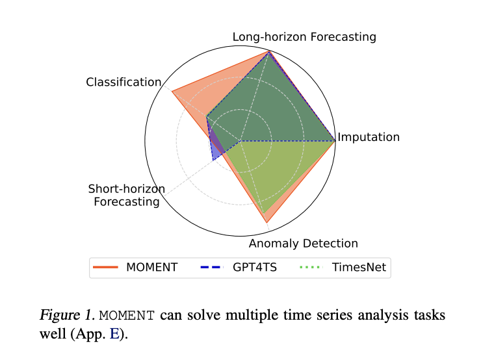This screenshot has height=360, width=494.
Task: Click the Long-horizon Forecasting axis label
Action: tap(304, 37)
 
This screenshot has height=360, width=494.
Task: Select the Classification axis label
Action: tap(123, 83)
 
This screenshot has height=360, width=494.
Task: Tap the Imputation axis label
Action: tap(369, 137)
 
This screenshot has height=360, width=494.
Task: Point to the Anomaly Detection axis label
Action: tap(304, 244)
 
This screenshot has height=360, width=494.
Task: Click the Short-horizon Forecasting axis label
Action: tap(126, 196)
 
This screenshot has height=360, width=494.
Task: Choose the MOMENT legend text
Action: tap(151, 268)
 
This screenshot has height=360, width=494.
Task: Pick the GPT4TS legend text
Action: tap(255, 268)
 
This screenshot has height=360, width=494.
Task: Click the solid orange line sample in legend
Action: tap(107, 268)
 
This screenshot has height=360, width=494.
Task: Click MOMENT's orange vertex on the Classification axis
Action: tap(172, 92)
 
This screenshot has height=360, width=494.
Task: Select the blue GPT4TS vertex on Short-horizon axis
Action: tap(213, 160)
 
